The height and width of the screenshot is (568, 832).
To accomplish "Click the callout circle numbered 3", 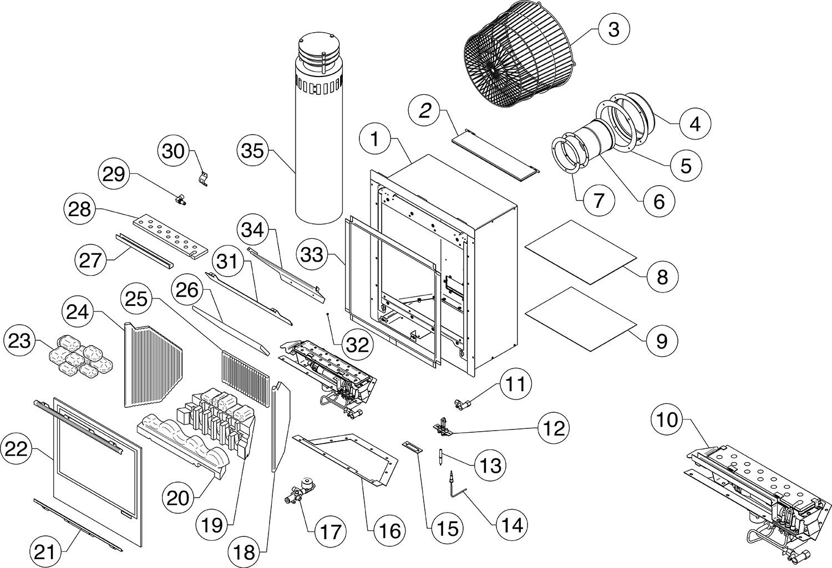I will click(x=613, y=29).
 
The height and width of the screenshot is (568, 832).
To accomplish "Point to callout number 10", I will click(x=668, y=420).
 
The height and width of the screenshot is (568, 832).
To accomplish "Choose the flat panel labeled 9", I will click(x=581, y=318).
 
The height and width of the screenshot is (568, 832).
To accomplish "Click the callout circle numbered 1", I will click(x=376, y=139).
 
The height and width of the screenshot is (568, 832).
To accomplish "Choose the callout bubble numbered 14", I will click(x=510, y=524).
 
